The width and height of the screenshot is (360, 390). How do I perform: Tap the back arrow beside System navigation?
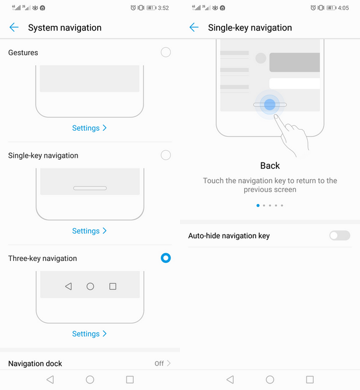point(14,28)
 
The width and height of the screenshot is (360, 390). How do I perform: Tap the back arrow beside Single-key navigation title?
point(194,28)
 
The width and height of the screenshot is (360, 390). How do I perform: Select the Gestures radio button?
point(166,52)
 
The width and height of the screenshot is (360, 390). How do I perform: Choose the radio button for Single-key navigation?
point(166,155)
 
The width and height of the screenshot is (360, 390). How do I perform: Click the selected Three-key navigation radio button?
point(166,258)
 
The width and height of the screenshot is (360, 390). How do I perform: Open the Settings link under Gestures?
point(89,128)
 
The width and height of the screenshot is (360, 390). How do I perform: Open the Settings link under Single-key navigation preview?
point(89,231)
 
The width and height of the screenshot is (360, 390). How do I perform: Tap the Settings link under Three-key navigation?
point(89,334)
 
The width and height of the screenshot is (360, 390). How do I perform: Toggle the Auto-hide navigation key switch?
point(340,235)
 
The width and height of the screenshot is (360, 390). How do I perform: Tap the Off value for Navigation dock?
point(159,364)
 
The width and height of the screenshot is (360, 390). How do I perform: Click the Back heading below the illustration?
point(270,166)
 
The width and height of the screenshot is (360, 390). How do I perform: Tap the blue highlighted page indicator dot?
point(258,205)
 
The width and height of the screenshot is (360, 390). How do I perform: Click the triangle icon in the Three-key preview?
point(68,286)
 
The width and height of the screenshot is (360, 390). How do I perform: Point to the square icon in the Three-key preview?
point(113,286)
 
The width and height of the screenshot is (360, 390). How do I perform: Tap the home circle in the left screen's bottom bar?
point(90,380)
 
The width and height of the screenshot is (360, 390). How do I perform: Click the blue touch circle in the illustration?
point(269,104)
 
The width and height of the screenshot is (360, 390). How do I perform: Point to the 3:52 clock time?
point(163,8)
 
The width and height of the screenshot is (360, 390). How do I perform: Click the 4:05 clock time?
point(343,8)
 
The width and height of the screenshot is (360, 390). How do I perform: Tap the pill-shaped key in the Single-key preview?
point(90,188)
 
